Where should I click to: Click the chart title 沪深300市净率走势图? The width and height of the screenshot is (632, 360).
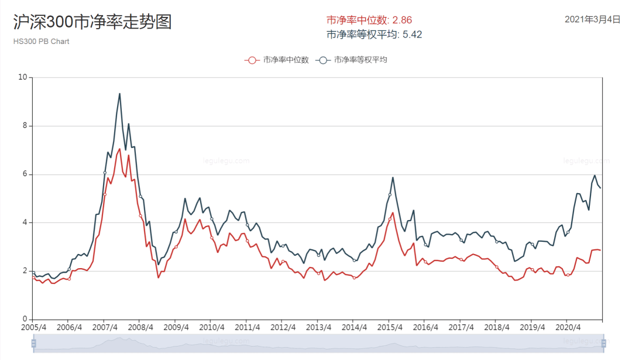point(92,22)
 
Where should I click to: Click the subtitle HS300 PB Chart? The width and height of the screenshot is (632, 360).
point(41,42)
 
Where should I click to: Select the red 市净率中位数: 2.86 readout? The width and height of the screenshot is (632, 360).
point(369,20)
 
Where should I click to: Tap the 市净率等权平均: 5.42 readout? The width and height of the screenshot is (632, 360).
point(374,35)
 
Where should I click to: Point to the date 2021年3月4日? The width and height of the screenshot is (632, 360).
point(592,19)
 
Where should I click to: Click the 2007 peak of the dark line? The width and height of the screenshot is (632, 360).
point(119,94)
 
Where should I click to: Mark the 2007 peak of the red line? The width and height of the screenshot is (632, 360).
point(120,149)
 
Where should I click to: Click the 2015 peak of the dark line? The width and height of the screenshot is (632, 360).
point(393,177)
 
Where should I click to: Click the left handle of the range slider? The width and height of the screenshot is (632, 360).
point(33,343)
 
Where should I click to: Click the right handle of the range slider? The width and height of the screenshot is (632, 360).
point(603,343)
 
